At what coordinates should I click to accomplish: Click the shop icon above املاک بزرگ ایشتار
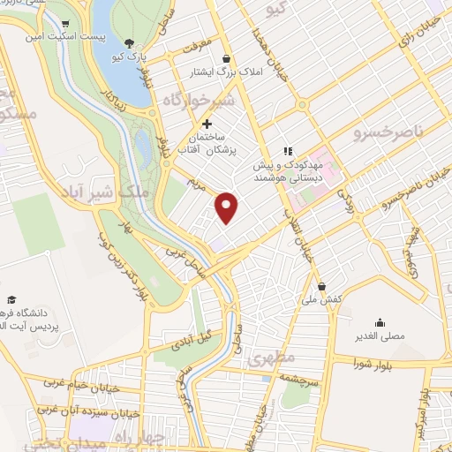click(x=227, y=58)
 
